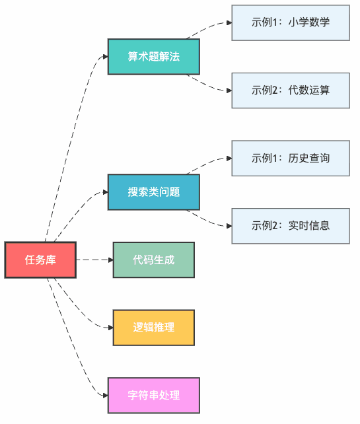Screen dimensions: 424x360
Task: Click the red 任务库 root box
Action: click(40, 260)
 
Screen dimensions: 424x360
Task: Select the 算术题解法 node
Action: click(153, 56)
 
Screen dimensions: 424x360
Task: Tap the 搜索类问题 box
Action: click(153, 192)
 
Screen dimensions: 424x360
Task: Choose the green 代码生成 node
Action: click(153, 260)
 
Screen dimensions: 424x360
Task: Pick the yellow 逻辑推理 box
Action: click(153, 328)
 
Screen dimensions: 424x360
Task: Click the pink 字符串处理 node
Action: click(153, 395)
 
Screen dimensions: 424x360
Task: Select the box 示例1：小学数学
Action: click(290, 22)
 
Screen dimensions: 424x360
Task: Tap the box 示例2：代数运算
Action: click(290, 90)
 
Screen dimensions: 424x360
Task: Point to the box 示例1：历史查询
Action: click(290, 159)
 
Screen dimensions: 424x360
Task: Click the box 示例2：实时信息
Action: click(290, 226)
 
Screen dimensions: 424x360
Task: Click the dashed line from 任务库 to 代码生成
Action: click(92, 260)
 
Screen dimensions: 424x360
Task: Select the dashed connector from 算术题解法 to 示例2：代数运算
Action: click(207, 87)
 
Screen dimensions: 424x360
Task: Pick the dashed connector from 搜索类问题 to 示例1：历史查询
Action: click(207, 162)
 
